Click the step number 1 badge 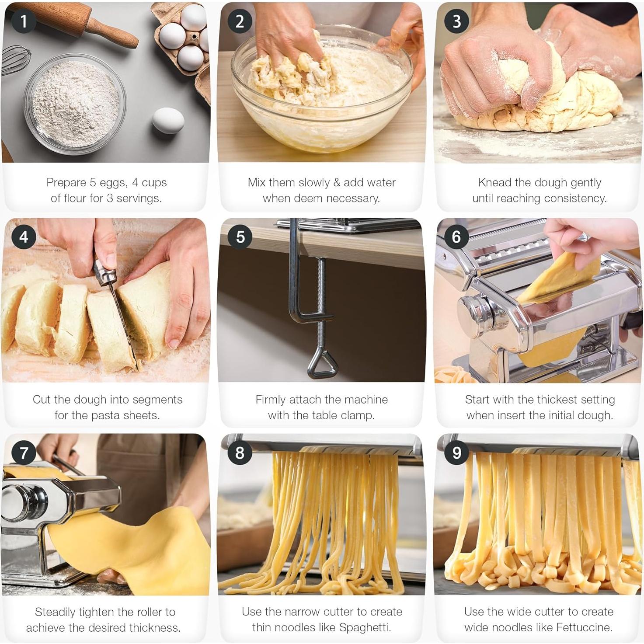pos(23,21)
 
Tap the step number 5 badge pos(240,237)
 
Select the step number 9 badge pos(456,453)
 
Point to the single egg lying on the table pos(168,120)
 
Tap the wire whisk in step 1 pos(15,61)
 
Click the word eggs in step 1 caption pos(114,183)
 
